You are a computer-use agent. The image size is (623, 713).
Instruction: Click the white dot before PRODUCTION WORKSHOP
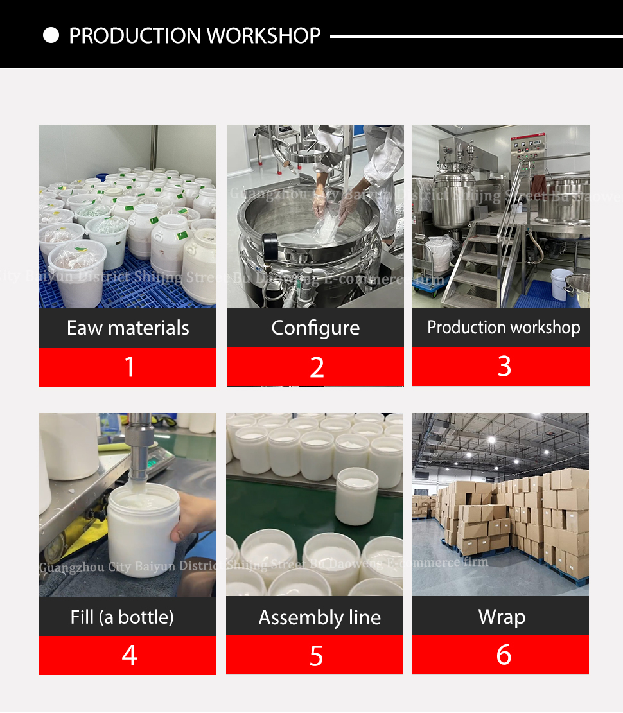pyautogui.click(x=51, y=35)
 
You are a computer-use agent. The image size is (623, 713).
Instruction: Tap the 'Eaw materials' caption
pyautogui.click(x=128, y=328)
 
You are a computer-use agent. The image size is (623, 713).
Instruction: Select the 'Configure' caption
pyautogui.click(x=315, y=328)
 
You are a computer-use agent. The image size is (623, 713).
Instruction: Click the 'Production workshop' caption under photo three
pyautogui.click(x=503, y=327)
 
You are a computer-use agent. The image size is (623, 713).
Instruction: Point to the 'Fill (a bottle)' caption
pyautogui.click(x=122, y=617)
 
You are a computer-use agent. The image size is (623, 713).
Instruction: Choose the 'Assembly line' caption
pyautogui.click(x=319, y=617)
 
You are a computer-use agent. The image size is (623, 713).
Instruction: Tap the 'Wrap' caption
pyautogui.click(x=502, y=617)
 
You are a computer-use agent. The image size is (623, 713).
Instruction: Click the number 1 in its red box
pyautogui.click(x=129, y=367)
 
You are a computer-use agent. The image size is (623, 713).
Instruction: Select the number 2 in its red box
pyautogui.click(x=316, y=367)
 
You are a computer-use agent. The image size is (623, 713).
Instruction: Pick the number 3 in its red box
pyautogui.click(x=504, y=366)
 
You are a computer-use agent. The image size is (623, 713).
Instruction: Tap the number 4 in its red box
pyautogui.click(x=129, y=656)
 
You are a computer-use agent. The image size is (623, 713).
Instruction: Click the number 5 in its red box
pyautogui.click(x=316, y=656)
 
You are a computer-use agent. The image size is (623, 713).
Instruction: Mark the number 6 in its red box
pyautogui.click(x=504, y=655)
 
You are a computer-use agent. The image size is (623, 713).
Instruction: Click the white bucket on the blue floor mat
pyautogui.click(x=561, y=285)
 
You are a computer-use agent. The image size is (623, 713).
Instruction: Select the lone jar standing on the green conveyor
pyautogui.click(x=357, y=496)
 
